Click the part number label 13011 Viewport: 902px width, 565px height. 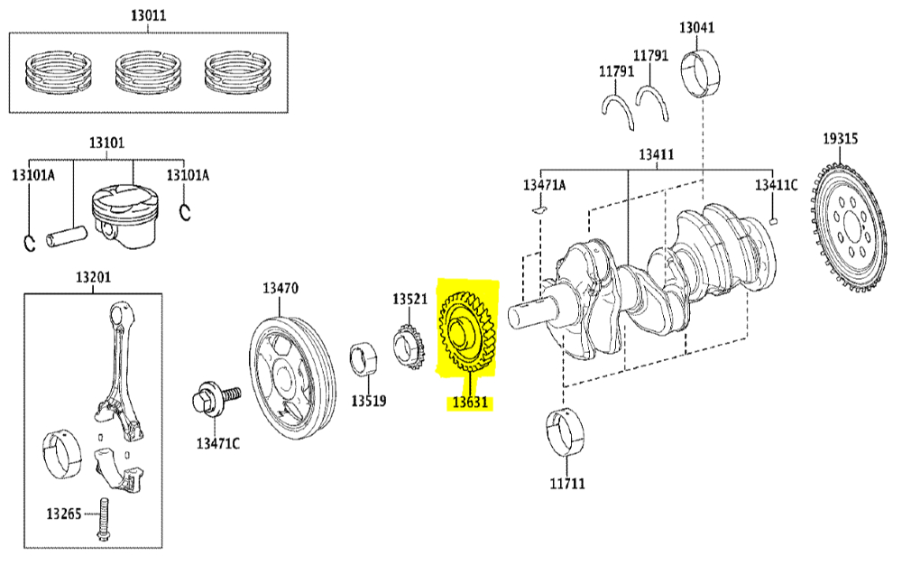pyautogui.click(x=149, y=15)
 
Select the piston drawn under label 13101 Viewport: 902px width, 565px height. pyautogui.click(x=124, y=217)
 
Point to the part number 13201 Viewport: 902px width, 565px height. pyautogui.click(x=93, y=277)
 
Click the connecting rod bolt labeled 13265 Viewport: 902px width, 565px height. pyautogui.click(x=104, y=519)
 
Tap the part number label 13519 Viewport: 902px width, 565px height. pyautogui.click(x=369, y=401)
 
